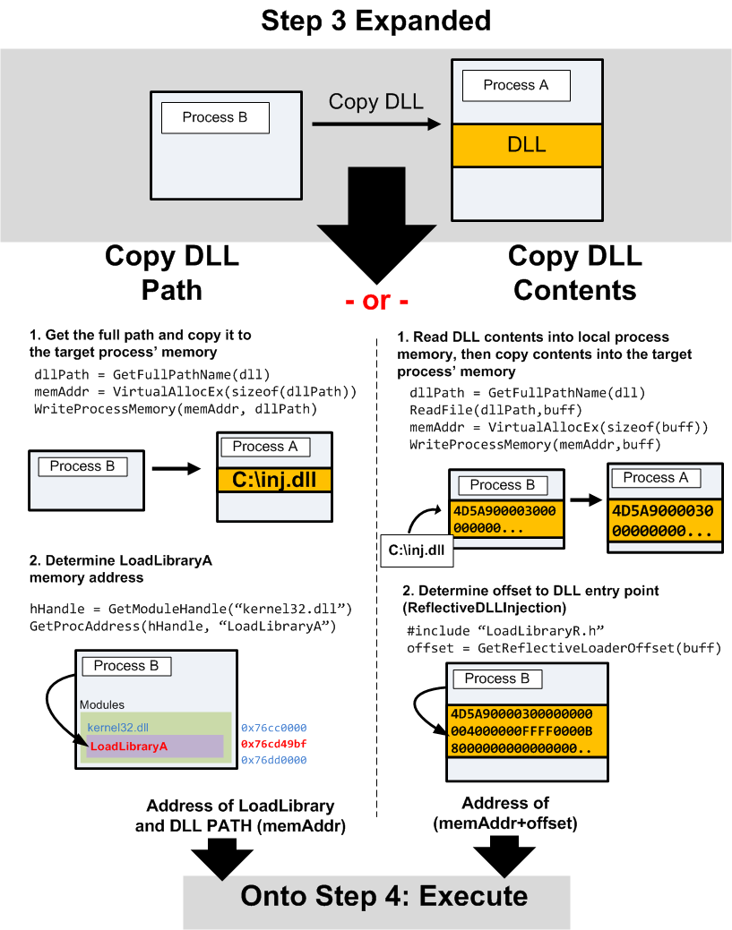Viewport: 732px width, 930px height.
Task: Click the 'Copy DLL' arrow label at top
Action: [375, 101]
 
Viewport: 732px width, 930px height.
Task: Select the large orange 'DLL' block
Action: [526, 145]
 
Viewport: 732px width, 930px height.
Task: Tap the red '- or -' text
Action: [376, 301]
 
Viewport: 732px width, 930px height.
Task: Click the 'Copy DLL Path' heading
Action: [172, 272]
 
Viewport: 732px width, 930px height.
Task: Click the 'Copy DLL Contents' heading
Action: [574, 272]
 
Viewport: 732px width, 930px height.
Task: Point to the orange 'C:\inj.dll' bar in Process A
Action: [274, 480]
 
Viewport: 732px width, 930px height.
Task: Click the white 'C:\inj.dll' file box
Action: [416, 550]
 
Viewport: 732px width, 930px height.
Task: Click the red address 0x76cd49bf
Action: [273, 744]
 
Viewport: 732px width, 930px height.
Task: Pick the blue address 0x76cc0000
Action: [273, 728]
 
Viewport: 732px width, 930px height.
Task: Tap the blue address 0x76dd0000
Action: [273, 760]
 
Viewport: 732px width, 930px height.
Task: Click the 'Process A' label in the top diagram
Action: [515, 85]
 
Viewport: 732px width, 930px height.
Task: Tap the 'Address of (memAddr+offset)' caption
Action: [505, 812]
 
